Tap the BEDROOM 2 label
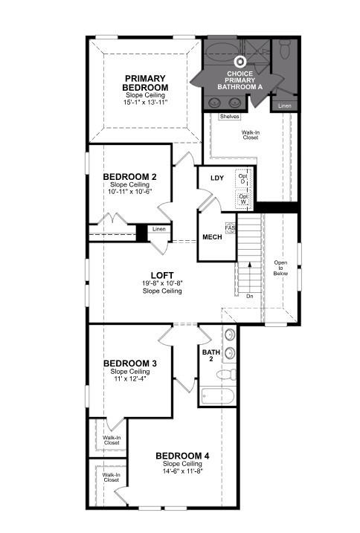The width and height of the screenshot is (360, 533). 129,176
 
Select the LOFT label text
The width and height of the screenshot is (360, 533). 161,275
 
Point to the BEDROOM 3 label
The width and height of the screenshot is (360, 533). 129,364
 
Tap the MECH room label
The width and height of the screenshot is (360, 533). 211,237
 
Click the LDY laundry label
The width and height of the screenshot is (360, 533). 217,178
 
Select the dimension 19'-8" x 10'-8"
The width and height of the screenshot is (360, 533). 161,283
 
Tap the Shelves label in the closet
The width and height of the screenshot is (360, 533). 229,117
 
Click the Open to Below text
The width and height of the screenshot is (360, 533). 280,268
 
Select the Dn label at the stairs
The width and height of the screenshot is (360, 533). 249,295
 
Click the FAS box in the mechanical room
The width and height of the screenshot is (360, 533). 230,228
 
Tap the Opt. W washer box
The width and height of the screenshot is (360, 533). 242,198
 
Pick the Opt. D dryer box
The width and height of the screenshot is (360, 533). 242,178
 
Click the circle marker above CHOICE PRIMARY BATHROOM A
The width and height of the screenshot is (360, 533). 240,63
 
